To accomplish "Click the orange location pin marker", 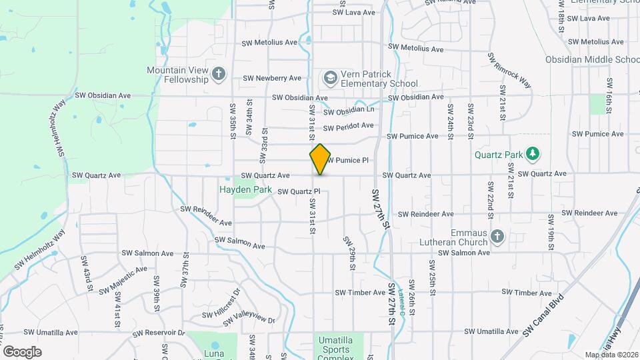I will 320,159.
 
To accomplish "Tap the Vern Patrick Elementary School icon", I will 329,79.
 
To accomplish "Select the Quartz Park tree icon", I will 532,155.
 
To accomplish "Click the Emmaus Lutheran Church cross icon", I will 497,237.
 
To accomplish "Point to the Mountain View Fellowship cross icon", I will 219,74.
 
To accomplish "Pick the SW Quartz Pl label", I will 299,192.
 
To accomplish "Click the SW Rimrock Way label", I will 510,71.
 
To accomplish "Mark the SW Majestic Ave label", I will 123,281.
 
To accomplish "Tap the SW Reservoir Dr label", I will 157,332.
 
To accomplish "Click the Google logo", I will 22,351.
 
